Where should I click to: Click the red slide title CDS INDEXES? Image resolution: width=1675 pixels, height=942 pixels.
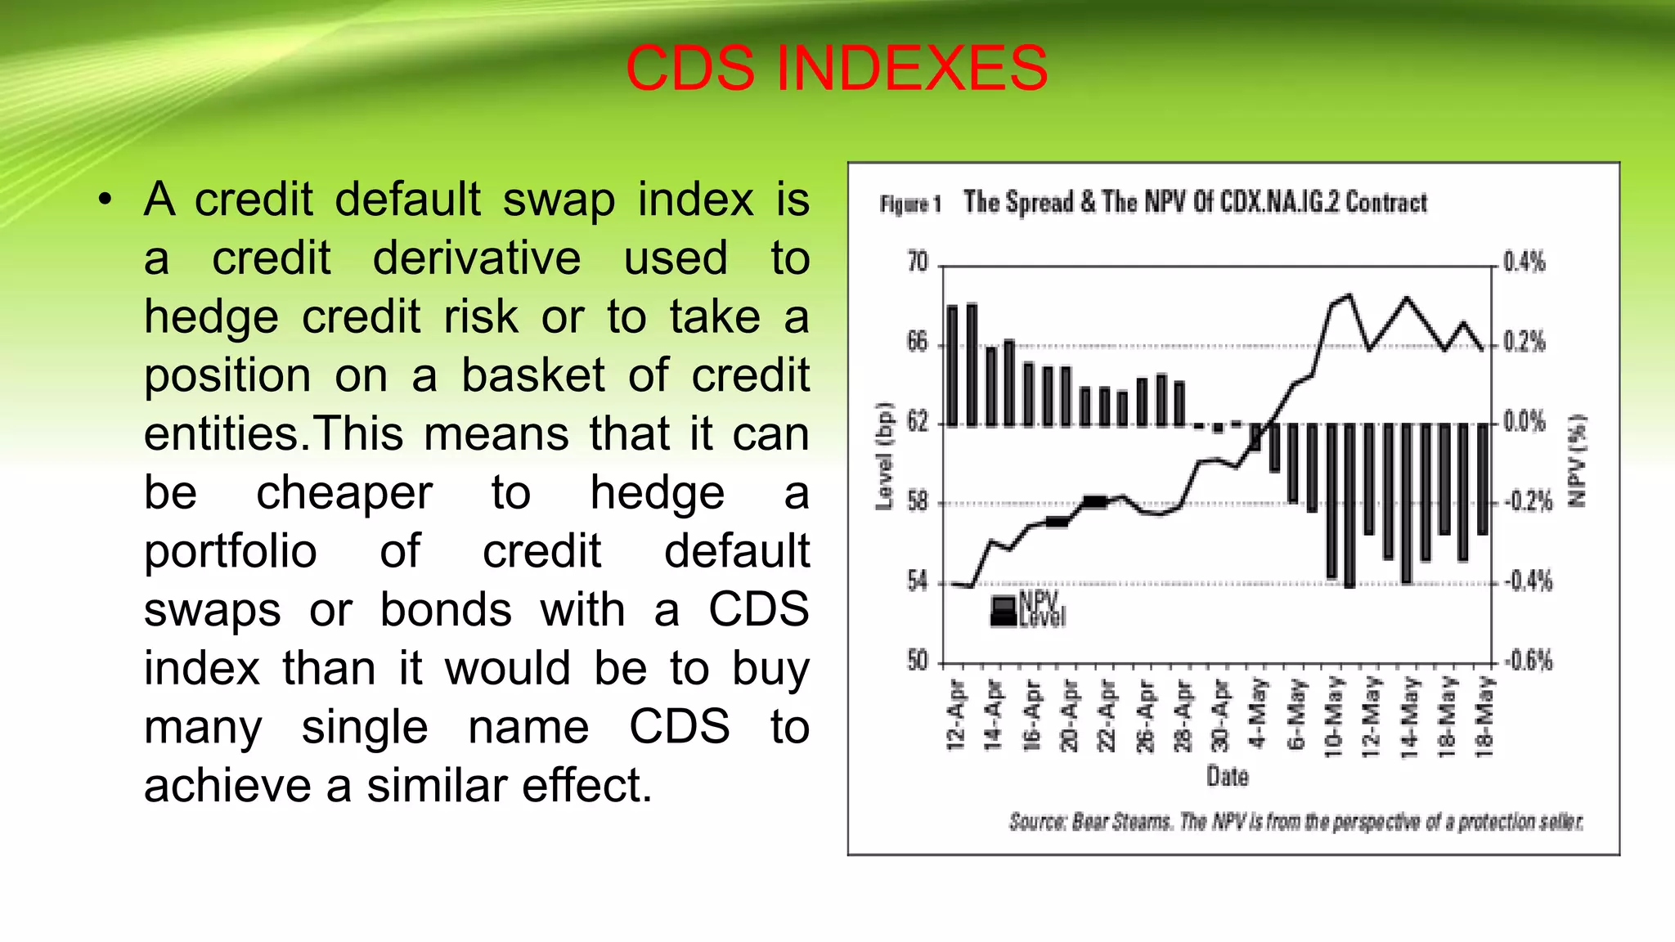coord(836,69)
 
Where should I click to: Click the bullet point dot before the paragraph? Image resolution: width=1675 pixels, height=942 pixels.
coord(104,200)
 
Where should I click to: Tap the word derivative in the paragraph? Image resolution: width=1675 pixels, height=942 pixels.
coord(477,258)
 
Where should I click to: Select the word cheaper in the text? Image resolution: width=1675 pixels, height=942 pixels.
coord(344,493)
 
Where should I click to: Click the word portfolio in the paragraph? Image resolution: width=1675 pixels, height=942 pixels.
coord(231,551)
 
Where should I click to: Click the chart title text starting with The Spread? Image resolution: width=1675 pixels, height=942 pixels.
coord(1194,202)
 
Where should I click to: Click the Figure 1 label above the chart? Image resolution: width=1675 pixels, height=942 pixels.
coord(910,204)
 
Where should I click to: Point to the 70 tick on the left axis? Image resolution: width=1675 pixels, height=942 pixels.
coord(918,262)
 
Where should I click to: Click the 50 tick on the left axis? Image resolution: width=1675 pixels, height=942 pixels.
coord(918,661)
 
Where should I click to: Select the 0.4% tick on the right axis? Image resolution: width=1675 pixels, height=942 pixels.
coord(1525,262)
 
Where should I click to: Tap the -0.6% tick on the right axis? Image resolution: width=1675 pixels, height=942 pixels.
coord(1528,661)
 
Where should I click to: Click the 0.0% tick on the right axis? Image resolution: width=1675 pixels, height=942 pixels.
coord(1525,422)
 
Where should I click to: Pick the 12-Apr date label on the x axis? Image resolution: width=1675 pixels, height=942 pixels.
coord(956,714)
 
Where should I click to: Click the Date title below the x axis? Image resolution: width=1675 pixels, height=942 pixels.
coord(1227,776)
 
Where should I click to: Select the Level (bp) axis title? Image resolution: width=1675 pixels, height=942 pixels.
coord(884,457)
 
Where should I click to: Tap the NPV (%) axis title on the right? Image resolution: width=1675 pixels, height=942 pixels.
coord(1577,460)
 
